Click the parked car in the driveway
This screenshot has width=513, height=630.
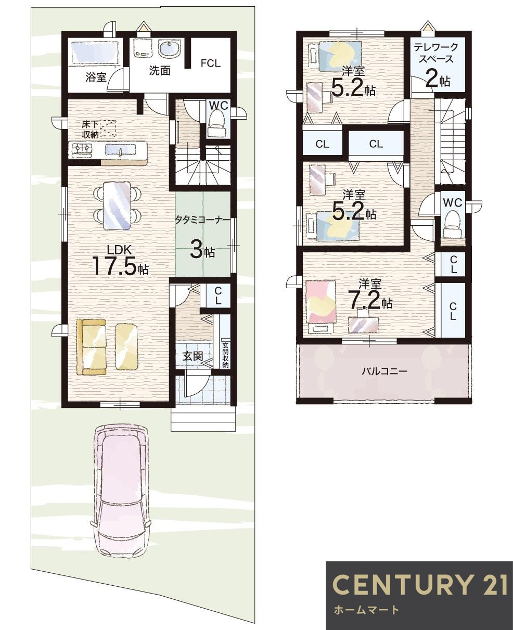click(121, 489)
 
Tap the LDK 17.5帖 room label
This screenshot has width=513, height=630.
click(120, 261)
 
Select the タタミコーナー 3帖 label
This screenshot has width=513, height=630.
click(202, 237)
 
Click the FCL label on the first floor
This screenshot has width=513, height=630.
click(210, 63)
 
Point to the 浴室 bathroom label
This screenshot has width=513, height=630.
click(96, 78)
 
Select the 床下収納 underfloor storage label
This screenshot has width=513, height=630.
click(91, 129)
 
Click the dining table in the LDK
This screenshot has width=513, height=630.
click(117, 205)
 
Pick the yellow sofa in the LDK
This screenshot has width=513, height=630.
click(91, 346)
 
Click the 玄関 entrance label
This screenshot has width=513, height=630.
click(192, 357)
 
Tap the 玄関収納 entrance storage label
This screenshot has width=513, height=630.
click(225, 355)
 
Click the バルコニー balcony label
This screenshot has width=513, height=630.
click(384, 371)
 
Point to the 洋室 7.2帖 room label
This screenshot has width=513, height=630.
click(370, 294)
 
